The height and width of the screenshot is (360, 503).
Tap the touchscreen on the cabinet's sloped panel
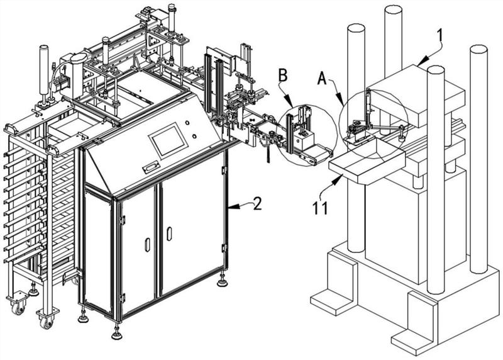[x=167, y=140]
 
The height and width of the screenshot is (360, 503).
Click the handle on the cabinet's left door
[x=147, y=244]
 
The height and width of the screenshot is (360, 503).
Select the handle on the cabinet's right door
[x=169, y=233]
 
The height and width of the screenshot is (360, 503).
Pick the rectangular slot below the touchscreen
[x=151, y=167]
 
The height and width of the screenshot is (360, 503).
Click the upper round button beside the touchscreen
[x=188, y=123]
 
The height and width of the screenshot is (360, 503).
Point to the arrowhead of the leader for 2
[x=228, y=205]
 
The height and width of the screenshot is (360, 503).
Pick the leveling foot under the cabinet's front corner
[x=116, y=332]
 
